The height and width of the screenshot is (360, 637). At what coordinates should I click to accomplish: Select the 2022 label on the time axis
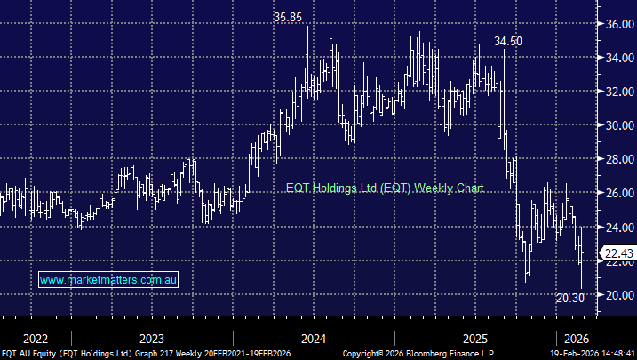point(35,339)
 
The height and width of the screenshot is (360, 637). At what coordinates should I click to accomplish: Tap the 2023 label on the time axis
point(151,339)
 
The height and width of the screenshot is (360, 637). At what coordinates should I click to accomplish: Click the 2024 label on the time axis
point(314,339)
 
